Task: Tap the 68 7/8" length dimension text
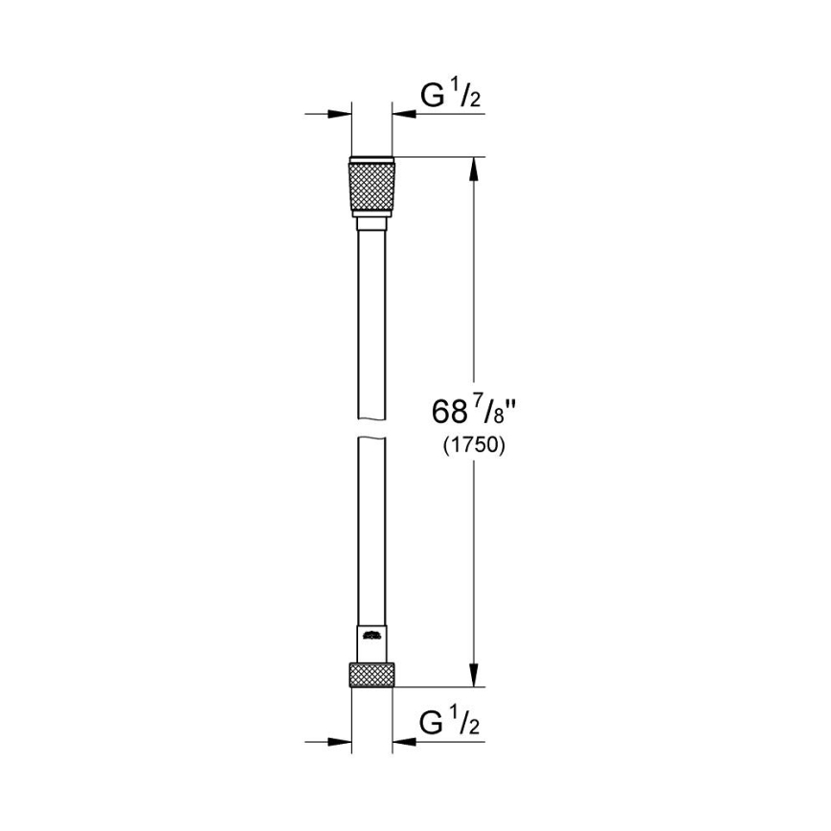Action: click(474, 415)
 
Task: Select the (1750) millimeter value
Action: click(474, 445)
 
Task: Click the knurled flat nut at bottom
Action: click(371, 675)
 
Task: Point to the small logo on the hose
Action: click(371, 634)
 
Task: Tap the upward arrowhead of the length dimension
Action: click(472, 168)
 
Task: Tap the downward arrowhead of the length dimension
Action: click(472, 676)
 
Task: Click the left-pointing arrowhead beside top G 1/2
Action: click(403, 114)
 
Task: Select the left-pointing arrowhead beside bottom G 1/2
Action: click(403, 742)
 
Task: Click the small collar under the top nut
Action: click(371, 224)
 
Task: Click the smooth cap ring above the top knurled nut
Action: click(371, 159)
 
